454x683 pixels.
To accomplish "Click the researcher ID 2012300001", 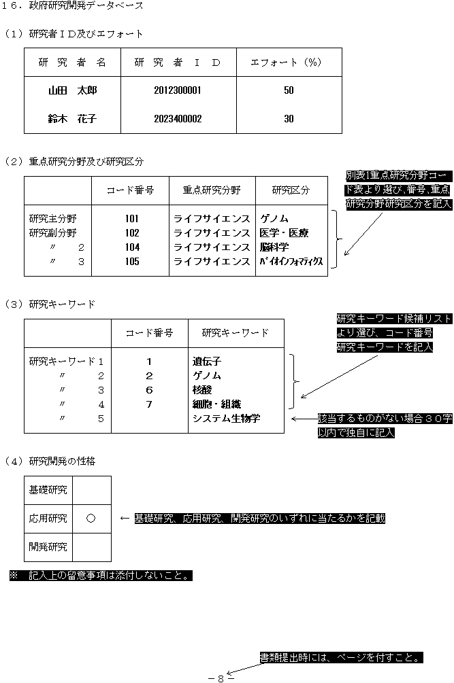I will coord(178,90).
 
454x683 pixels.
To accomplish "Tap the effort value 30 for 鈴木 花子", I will coord(289,118).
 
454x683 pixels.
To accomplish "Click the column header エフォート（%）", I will coord(286,63).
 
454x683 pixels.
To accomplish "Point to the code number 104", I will coord(132,247).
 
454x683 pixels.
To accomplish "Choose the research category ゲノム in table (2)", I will coord(274,219).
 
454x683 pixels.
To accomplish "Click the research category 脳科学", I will coord(274,247).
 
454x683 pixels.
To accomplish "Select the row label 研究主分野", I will coord(53,219).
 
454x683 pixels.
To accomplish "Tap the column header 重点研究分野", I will coord(212,190).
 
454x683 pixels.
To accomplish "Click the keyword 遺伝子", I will coord(207,362).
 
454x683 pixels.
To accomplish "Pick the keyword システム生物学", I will coord(226,418).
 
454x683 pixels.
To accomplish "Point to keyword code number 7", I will coord(149,404).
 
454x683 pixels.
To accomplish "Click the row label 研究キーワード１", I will coord(67,362).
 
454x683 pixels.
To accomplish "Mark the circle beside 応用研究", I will coord(91,519).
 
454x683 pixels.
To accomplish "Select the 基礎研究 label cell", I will coord(48,489).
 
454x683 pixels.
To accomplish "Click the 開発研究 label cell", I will coord(48,546).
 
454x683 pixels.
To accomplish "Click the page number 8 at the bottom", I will coord(221,678).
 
